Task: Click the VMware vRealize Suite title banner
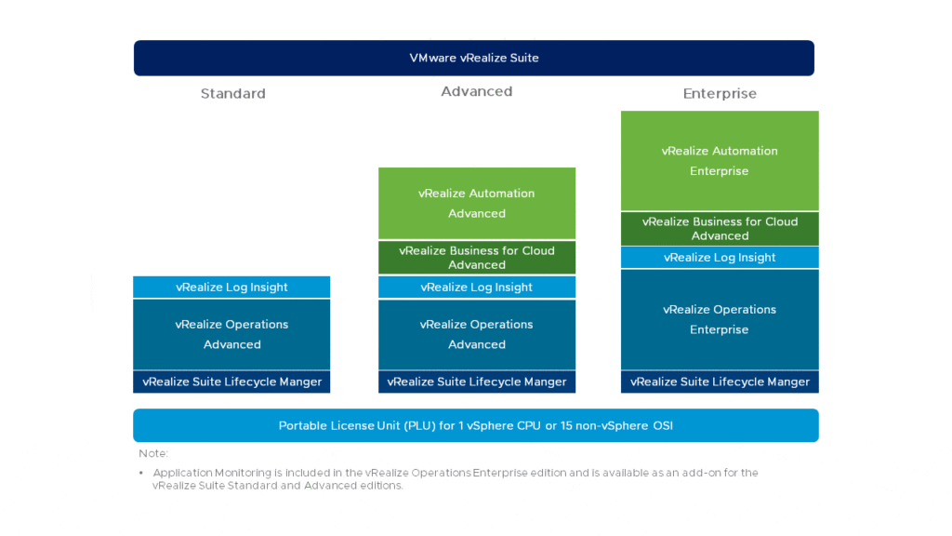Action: click(473, 58)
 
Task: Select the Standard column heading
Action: click(233, 94)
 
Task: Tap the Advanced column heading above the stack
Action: click(477, 91)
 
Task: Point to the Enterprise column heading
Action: click(720, 94)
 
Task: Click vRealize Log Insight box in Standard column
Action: click(231, 287)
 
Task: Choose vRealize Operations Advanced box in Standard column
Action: click(231, 334)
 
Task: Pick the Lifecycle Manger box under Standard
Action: click(231, 382)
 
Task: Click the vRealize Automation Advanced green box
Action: click(477, 203)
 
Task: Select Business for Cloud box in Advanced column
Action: click(477, 258)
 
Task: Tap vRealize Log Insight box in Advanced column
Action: click(477, 287)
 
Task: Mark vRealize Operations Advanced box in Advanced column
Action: click(477, 334)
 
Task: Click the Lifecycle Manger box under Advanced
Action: click(477, 382)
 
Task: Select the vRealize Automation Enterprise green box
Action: click(720, 160)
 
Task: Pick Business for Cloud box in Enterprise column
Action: click(720, 229)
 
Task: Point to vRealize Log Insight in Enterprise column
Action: click(720, 257)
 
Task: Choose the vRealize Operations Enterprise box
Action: click(720, 319)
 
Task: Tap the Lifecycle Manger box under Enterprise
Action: click(720, 382)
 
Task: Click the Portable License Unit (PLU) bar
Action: click(475, 425)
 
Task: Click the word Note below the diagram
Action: click(152, 453)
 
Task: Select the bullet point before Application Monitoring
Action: click(141, 473)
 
